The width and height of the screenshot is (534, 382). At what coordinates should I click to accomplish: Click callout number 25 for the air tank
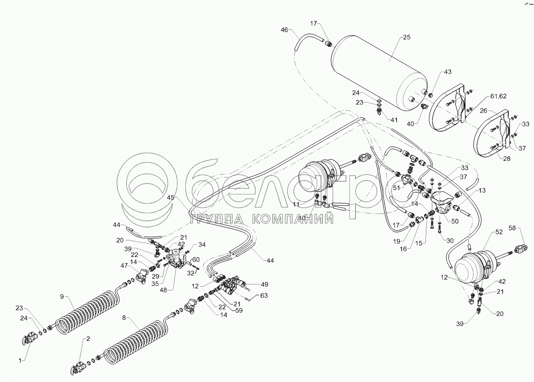[x=406, y=37]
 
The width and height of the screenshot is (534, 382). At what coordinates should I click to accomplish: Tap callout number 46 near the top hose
[x=285, y=30]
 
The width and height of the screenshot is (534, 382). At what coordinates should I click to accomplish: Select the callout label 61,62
[x=499, y=96]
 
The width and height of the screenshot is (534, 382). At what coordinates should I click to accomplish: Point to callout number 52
[x=499, y=232]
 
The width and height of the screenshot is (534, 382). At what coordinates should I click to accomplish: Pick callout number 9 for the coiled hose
[x=62, y=296]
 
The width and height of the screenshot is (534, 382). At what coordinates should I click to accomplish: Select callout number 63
[x=264, y=295]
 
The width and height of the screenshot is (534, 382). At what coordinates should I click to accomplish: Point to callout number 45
[x=170, y=197]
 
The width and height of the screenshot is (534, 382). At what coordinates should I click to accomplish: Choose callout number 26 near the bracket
[x=484, y=110]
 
